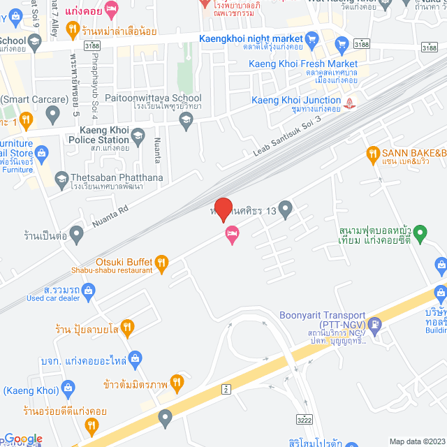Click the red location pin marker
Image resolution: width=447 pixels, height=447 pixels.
(223, 209)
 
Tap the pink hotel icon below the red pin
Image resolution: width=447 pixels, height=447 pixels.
(232, 235)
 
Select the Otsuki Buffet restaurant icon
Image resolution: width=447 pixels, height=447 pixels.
(162, 263)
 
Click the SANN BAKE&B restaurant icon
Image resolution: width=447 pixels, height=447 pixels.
(373, 153)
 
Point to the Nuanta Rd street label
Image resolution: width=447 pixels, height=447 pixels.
(110, 215)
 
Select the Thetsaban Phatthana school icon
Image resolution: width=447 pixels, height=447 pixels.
(63, 179)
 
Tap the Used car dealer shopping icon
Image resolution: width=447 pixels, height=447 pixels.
(88, 289)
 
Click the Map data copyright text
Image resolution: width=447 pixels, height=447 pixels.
(416, 441)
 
